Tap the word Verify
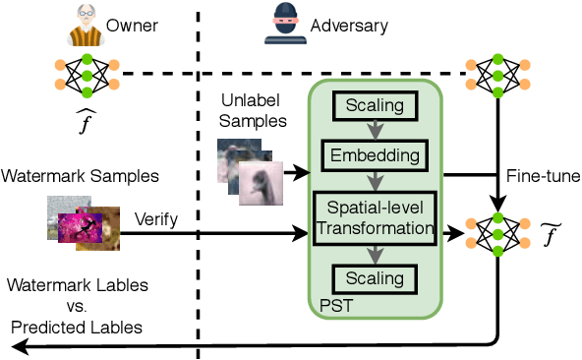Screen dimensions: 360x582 pos(156,218)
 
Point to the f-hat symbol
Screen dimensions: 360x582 pos(87,118)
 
